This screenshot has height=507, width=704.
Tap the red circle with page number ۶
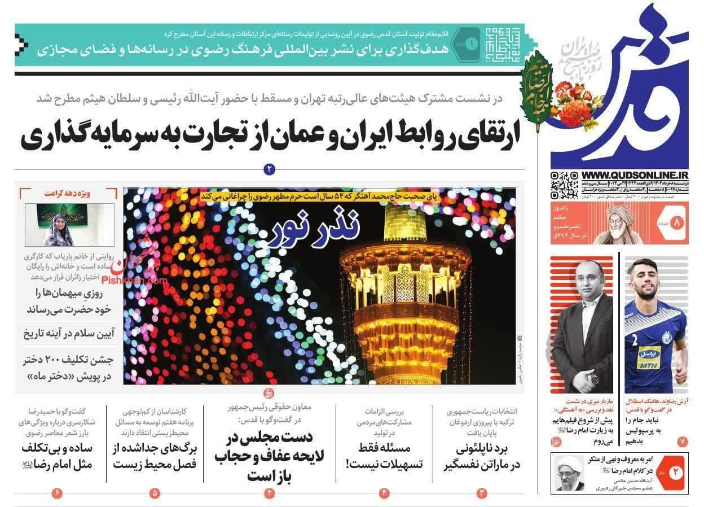point(57,493)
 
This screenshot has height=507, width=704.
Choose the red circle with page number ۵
point(155,493)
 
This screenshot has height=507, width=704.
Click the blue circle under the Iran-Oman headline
point(269,168)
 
